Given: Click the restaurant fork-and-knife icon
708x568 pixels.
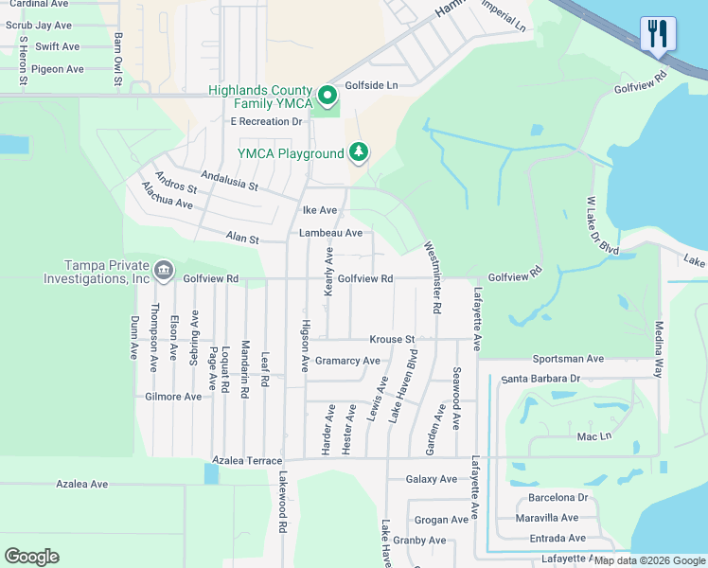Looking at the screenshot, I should click(658, 33).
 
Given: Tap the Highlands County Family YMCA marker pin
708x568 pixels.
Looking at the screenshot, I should click(327, 96).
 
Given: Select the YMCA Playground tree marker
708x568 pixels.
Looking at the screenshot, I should click(358, 151).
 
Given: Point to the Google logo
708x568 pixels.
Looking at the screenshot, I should click(31, 557).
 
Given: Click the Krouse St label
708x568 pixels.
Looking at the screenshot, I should click(392, 339).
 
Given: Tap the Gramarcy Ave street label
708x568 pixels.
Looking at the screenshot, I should click(347, 361).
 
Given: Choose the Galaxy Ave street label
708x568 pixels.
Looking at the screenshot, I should click(432, 479).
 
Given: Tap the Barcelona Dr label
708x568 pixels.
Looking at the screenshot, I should click(558, 497).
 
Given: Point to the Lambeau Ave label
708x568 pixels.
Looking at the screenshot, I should click(330, 233).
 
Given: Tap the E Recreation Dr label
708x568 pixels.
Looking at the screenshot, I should click(266, 121).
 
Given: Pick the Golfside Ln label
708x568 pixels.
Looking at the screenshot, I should click(372, 85).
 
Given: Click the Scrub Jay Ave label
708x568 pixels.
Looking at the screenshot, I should click(39, 26).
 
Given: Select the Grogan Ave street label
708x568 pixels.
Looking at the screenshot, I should click(441, 520).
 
